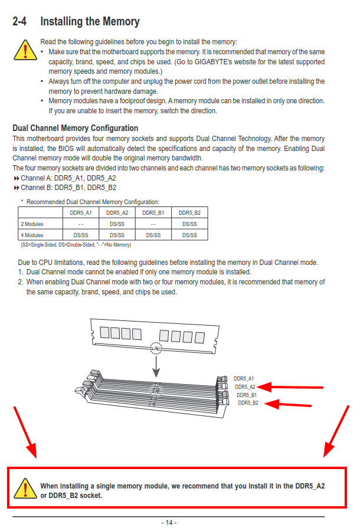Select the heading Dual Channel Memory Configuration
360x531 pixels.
[76, 128]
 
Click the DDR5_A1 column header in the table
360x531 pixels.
[81, 212]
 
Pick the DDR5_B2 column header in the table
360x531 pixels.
[189, 212]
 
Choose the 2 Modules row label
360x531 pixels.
[32, 224]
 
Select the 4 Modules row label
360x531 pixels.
[32, 235]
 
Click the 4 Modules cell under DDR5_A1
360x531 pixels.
[81, 235]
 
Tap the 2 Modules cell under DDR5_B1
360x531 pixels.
[153, 224]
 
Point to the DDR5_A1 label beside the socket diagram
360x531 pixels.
[244, 378]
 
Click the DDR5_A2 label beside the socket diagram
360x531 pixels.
[245, 386]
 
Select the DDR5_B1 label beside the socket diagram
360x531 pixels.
[247, 395]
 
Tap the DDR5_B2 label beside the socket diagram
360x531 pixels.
[248, 403]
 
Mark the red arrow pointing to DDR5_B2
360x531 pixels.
[294, 404]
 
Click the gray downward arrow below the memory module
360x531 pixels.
[156, 365]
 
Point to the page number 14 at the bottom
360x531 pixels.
[168, 523]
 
